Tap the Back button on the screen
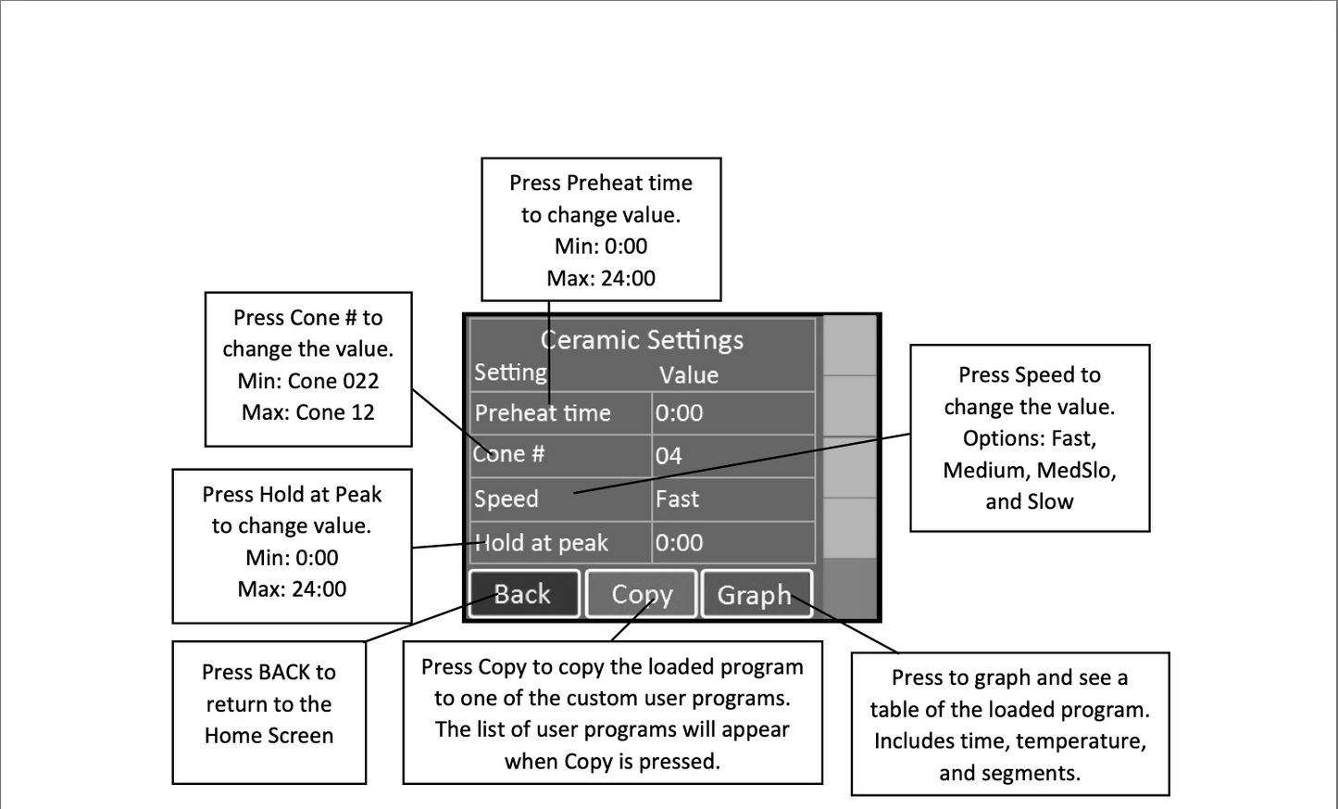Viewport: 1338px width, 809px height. (x=524, y=594)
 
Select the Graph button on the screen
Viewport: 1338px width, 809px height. (x=757, y=594)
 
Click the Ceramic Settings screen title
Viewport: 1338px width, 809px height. (x=642, y=339)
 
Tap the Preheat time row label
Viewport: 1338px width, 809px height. (x=543, y=413)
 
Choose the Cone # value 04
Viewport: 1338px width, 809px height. (x=669, y=456)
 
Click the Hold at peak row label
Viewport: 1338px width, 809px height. (x=541, y=543)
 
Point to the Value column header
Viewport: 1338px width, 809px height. (x=689, y=375)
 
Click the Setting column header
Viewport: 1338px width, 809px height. (x=511, y=373)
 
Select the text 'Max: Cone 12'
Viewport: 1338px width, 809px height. (x=308, y=412)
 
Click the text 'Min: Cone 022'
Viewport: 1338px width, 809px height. (x=308, y=381)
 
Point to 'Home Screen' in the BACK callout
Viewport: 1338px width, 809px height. (x=269, y=736)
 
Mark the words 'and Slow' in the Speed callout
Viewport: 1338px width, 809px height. (x=1029, y=501)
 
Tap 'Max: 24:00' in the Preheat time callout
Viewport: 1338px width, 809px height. (x=601, y=278)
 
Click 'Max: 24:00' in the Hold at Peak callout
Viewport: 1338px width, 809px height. (x=292, y=589)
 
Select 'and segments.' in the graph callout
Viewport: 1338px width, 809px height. (x=1010, y=773)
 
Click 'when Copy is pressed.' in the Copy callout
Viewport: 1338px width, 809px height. (x=612, y=761)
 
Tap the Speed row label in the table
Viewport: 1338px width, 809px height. (x=506, y=499)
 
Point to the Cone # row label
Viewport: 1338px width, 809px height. (x=508, y=454)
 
